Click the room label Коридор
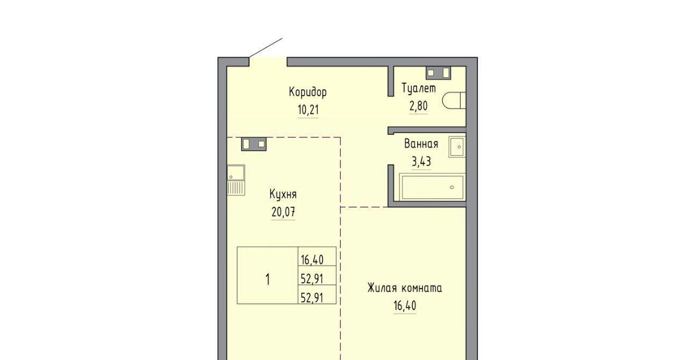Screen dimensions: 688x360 [x=308, y=92]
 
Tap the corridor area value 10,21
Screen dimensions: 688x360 [x=308, y=110]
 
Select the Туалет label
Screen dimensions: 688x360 [x=419, y=89]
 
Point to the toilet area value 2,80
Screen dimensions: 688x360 [x=418, y=106]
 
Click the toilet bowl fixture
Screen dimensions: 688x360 [x=454, y=100]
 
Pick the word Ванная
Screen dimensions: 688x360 [x=421, y=144]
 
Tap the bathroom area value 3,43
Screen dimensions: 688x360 [x=421, y=161]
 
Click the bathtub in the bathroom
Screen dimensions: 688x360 [x=433, y=188]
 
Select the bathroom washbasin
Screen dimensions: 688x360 [x=457, y=147]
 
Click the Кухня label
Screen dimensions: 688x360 [x=283, y=194]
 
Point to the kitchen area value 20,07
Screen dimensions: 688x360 [x=283, y=212]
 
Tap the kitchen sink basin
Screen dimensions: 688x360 [x=236, y=172]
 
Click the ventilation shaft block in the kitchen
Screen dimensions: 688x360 [x=254, y=144]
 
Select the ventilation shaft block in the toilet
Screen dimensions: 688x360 [x=438, y=73]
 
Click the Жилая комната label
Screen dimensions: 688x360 [x=405, y=288]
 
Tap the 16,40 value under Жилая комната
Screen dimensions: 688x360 [x=405, y=306]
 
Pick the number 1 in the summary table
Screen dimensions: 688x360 [x=268, y=280]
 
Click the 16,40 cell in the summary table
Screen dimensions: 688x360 [x=312, y=260]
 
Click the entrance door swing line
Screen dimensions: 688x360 [x=266, y=48]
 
